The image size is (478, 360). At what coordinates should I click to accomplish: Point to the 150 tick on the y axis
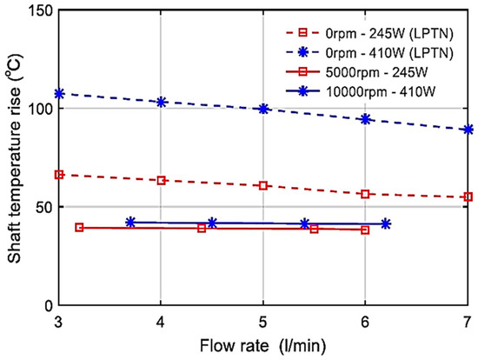37,11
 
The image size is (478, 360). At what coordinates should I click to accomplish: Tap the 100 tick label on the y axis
37,109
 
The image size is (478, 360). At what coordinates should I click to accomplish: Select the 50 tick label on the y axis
40,207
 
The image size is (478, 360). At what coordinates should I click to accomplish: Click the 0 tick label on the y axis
44,305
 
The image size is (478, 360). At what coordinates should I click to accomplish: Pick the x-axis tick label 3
58,321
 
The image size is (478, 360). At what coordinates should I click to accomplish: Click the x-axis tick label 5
263,321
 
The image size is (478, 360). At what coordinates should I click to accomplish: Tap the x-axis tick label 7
468,321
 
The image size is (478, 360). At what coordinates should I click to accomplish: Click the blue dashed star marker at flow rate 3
59,94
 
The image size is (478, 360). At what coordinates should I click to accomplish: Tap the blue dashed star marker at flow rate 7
468,130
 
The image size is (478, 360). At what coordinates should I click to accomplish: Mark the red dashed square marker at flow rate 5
263,186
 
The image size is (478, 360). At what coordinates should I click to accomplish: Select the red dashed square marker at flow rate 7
468,197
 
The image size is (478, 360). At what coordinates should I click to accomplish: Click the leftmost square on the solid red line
79,228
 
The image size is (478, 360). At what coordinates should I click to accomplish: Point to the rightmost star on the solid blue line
386,223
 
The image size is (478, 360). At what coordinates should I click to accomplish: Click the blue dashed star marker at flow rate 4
161,102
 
